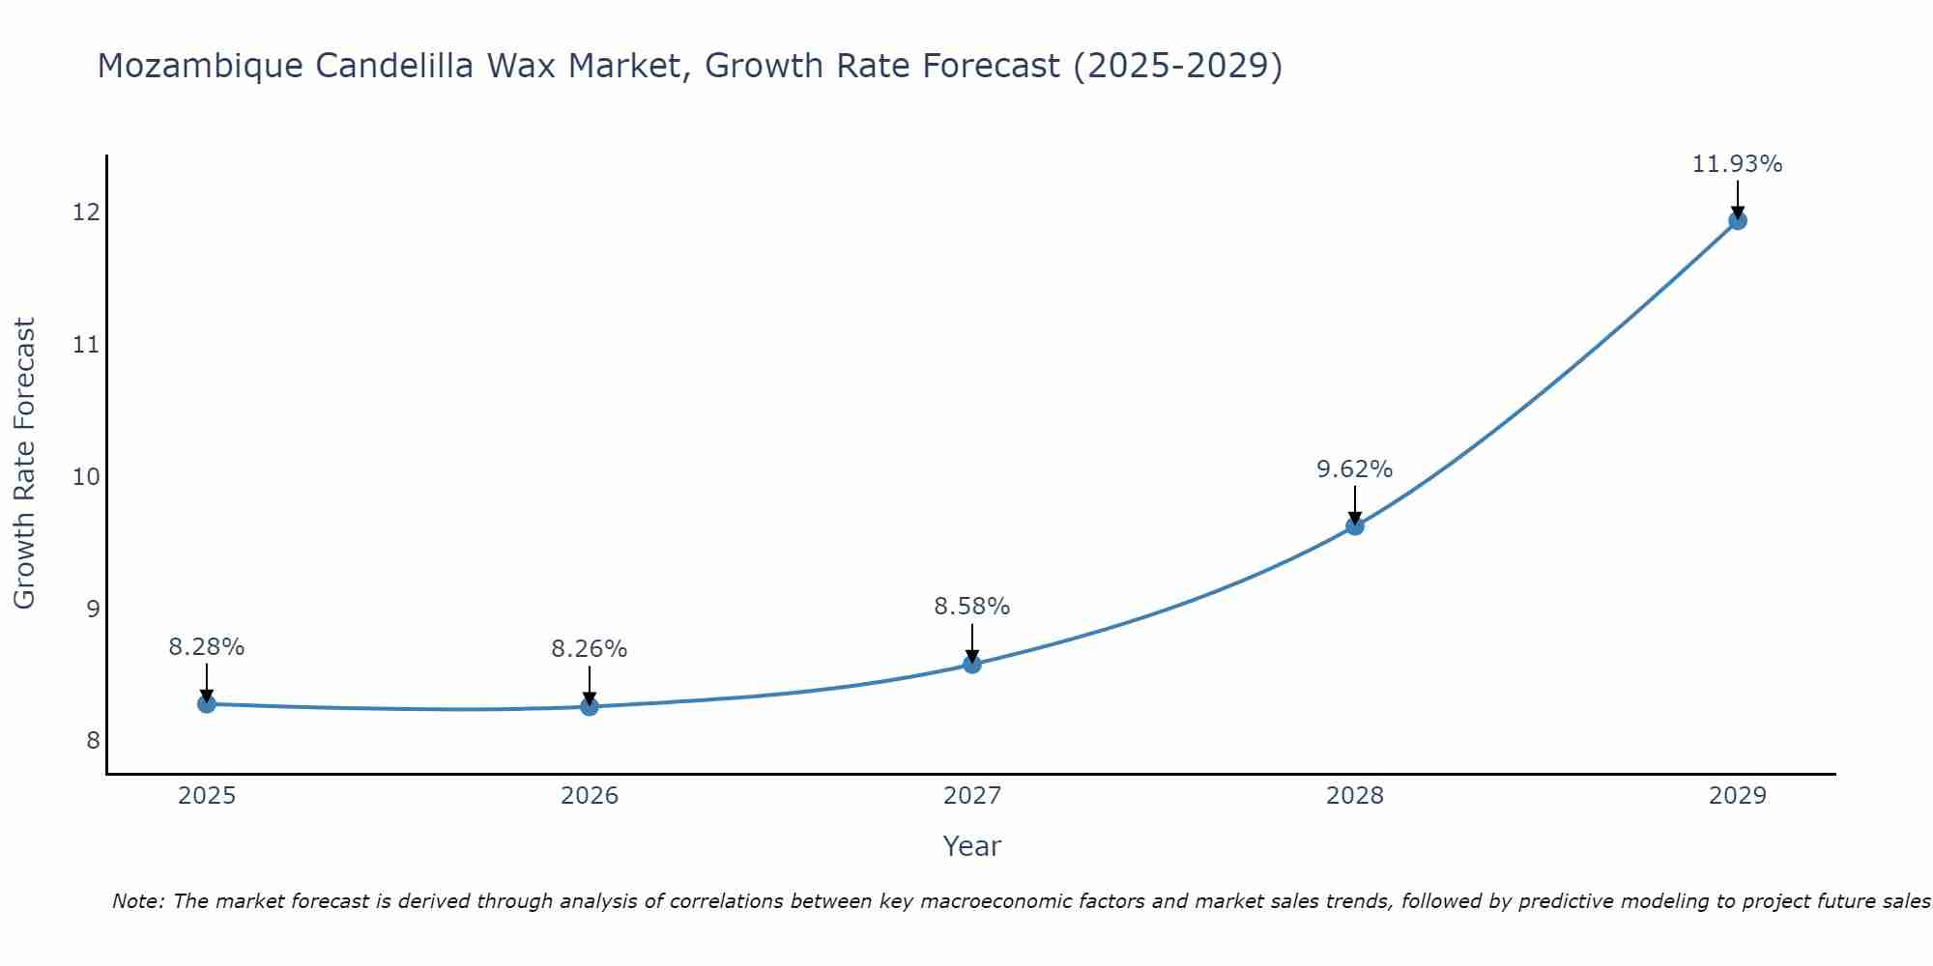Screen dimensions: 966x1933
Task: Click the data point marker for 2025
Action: [206, 704]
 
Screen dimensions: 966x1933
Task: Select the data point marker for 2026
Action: [590, 707]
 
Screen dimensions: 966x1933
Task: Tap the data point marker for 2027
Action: [972, 665]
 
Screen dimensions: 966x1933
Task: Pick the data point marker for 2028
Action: [1355, 526]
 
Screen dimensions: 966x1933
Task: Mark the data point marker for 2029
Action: [1737, 221]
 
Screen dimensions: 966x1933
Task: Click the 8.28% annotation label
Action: [206, 647]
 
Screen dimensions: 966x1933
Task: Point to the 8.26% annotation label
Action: [590, 649]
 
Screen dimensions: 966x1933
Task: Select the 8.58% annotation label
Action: [972, 607]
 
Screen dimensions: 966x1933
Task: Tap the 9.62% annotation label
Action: [1355, 469]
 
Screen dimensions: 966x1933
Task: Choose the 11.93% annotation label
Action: [1737, 164]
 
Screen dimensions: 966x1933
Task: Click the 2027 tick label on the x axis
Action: [972, 796]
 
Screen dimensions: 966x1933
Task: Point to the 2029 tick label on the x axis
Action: [1737, 796]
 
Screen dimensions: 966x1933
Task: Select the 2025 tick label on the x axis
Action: [207, 796]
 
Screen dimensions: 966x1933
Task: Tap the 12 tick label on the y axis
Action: [86, 212]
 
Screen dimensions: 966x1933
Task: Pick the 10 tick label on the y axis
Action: [86, 476]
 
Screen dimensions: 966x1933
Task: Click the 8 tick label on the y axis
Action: [93, 741]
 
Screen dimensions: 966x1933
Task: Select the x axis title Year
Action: [972, 846]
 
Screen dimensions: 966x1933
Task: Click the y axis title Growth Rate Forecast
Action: [24, 464]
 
